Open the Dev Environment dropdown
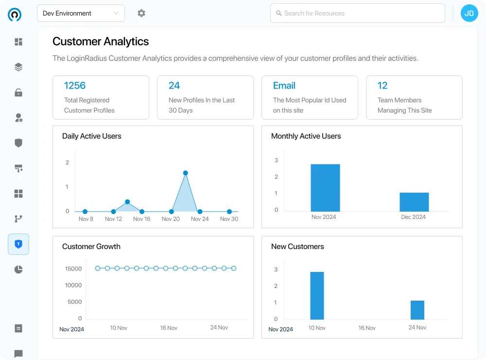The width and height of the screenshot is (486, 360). (81, 14)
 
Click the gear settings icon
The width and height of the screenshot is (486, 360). (141, 14)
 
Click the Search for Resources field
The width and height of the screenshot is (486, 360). (357, 14)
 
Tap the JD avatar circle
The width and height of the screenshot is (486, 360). (469, 14)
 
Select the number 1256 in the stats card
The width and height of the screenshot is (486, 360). (75, 86)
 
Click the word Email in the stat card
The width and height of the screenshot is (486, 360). (284, 86)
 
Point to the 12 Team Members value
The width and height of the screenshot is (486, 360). (382, 86)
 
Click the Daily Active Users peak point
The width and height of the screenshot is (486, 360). (186, 173)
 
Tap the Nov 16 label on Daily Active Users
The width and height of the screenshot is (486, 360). (141, 219)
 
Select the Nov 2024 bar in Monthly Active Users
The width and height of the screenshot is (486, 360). (325, 188)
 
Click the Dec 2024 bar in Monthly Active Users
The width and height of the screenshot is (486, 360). (414, 202)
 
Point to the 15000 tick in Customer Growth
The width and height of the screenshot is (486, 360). (73, 269)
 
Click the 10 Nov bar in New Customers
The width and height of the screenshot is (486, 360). (317, 295)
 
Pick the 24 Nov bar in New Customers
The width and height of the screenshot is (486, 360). (417, 310)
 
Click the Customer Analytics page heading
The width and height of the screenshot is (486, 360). (101, 42)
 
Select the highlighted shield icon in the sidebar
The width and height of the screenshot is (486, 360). (18, 244)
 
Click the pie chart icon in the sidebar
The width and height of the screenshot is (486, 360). (18, 270)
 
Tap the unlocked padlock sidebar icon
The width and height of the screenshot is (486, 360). (18, 92)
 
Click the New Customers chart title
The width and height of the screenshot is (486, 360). (297, 247)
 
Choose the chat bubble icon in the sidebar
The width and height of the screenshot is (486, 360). (18, 354)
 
